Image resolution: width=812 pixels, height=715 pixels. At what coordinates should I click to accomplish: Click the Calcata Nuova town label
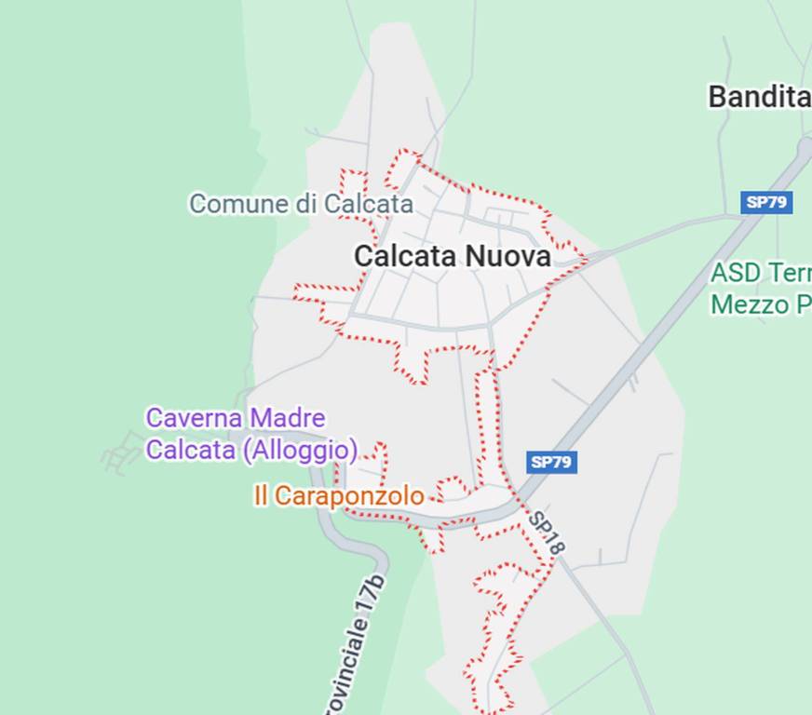click(453, 256)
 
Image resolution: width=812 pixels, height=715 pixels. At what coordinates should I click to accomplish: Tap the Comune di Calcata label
click(301, 203)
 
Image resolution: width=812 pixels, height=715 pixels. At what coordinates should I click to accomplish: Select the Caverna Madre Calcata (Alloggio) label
click(250, 434)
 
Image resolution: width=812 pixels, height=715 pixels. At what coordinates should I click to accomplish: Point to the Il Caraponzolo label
click(338, 496)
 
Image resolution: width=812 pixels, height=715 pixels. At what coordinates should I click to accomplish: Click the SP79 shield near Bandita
click(766, 202)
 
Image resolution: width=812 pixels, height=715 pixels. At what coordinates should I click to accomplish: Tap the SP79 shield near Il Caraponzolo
click(551, 462)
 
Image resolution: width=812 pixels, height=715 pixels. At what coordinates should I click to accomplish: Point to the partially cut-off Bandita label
click(759, 96)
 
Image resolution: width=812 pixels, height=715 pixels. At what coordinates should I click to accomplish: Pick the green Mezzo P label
click(760, 304)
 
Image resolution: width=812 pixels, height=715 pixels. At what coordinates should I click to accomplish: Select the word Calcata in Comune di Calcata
click(368, 203)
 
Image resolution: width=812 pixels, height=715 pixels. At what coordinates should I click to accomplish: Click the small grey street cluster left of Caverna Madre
click(121, 453)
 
